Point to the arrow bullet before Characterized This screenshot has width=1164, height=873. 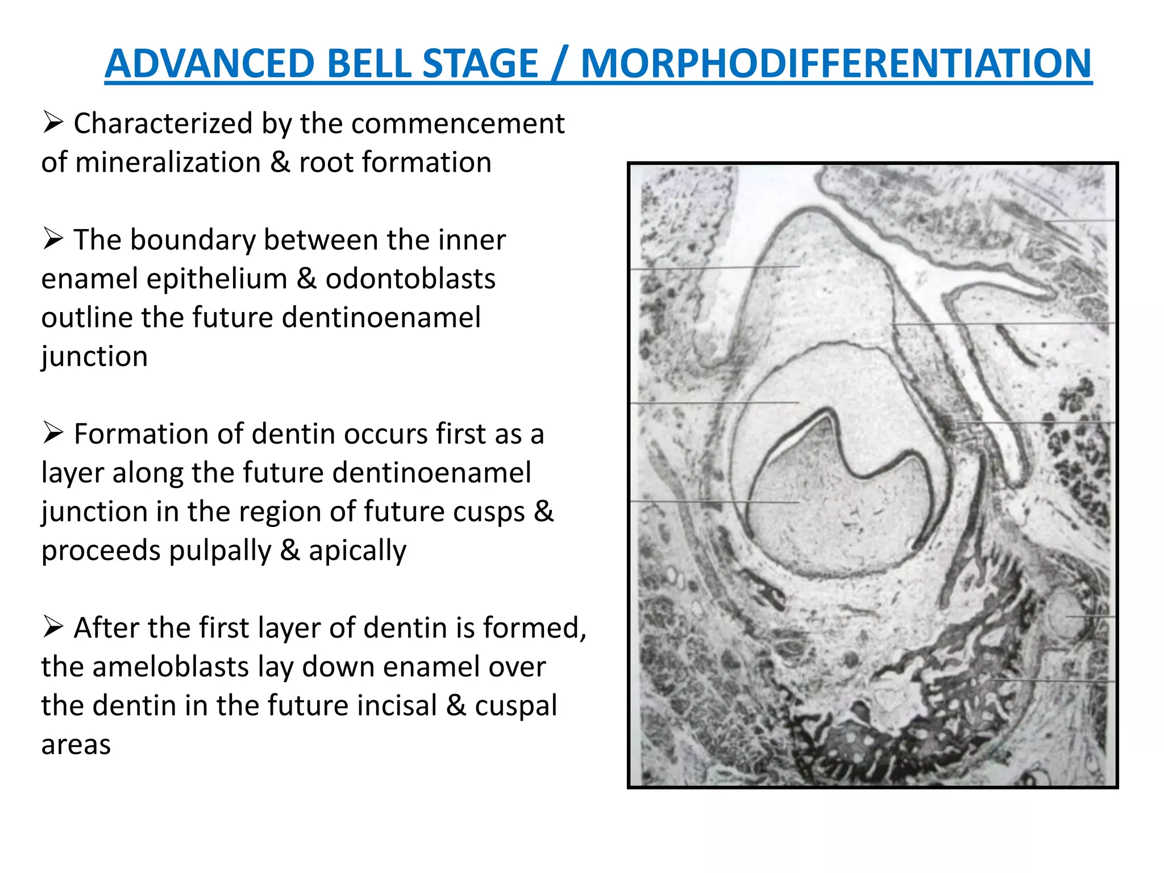tap(53, 123)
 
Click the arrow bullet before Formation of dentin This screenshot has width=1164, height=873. tap(53, 434)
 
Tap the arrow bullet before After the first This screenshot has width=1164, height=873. tap(53, 627)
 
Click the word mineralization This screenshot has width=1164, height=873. tap(168, 163)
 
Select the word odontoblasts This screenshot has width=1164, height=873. tap(410, 279)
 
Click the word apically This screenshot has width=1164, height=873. tap(357, 550)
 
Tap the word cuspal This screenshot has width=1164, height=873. tap(516, 705)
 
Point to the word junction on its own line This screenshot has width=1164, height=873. tap(94, 357)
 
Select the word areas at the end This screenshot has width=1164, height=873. tap(76, 745)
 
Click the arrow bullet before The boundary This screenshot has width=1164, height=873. tap(53, 239)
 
